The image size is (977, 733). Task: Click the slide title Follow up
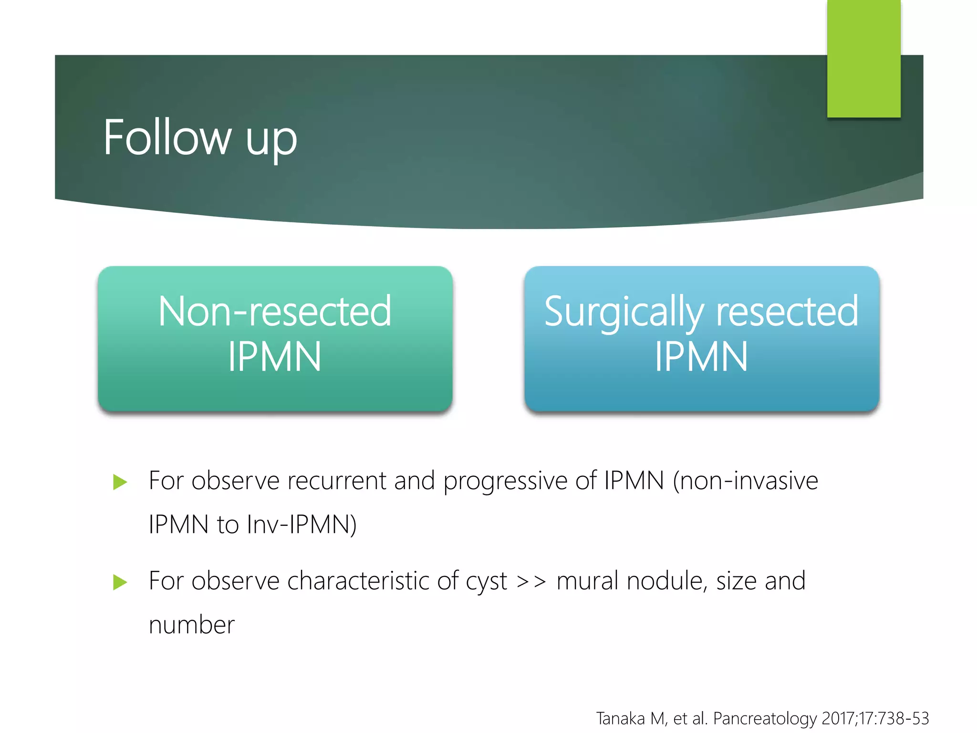(200, 138)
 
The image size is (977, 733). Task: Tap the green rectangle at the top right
(863, 58)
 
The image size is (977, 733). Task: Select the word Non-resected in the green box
(275, 311)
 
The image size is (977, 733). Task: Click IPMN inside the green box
(274, 356)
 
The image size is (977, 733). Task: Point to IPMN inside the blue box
(701, 356)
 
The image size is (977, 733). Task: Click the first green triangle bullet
(120, 482)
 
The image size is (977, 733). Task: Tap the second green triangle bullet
(120, 582)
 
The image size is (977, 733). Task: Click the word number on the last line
(192, 625)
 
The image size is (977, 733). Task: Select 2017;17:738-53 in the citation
(875, 718)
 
